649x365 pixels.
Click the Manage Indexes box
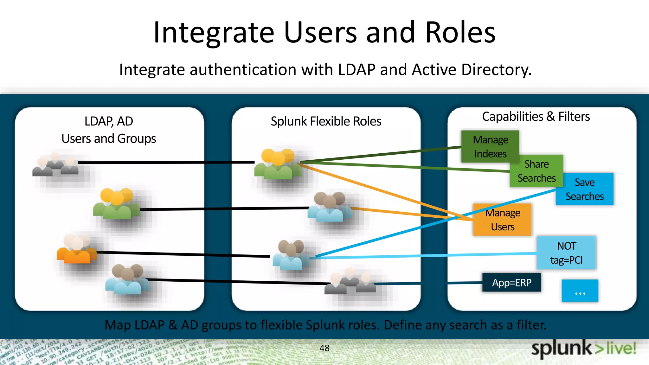[x=490, y=146]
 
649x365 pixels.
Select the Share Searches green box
[x=537, y=171]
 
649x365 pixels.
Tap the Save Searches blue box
[x=585, y=189]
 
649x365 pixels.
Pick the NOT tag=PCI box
[x=567, y=253]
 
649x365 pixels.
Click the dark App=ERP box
[x=511, y=282]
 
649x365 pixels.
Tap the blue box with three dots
[x=580, y=291]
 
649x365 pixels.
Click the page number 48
[x=324, y=348]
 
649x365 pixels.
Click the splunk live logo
[x=583, y=349]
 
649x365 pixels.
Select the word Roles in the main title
[x=460, y=32]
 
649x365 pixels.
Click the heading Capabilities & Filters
[x=536, y=117]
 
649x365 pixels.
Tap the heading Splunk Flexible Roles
[x=326, y=121]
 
